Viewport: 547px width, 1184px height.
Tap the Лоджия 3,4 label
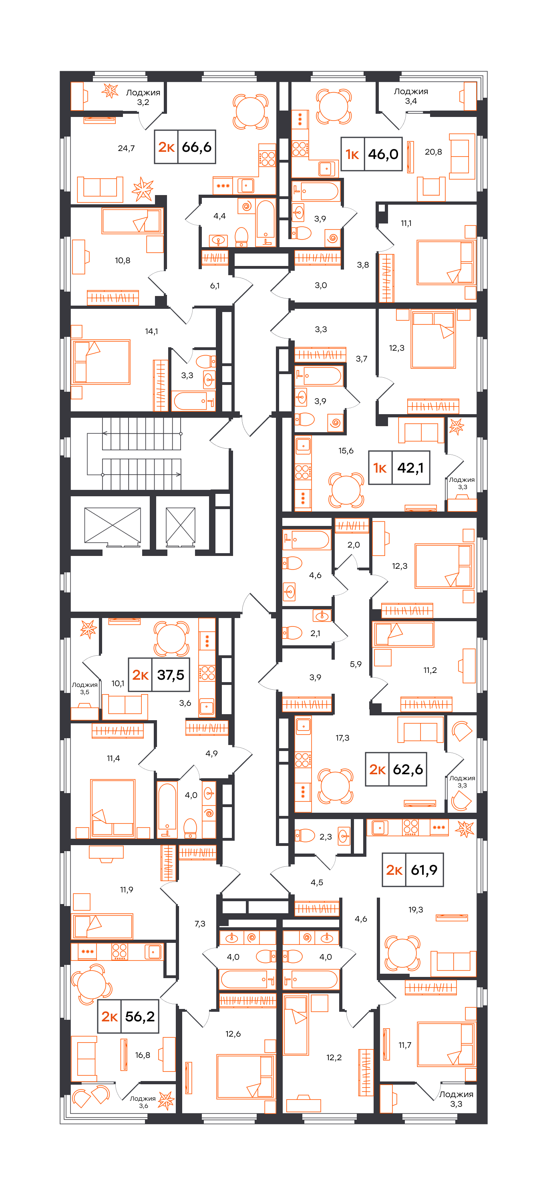coord(411,96)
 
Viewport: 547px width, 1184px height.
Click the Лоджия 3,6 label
coord(143,1102)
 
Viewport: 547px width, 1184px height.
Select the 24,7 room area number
coord(127,148)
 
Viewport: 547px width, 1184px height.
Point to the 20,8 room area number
coord(433,152)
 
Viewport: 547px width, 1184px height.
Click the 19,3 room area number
coord(416,910)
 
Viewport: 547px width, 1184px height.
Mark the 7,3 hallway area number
coord(200,923)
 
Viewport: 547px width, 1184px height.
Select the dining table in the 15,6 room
coord(346,489)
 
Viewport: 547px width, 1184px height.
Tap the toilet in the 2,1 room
coord(292,633)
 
